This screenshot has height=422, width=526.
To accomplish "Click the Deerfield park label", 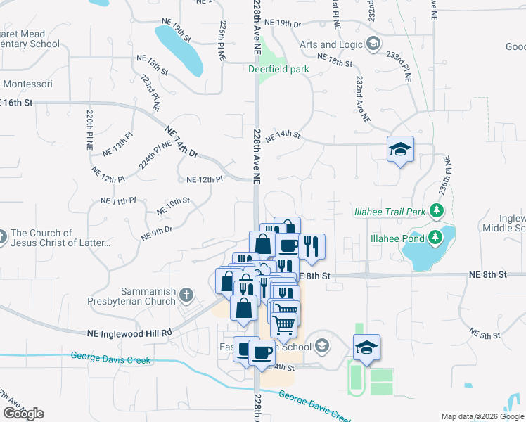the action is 278,69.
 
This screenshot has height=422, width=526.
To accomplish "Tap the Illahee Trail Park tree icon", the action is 437,210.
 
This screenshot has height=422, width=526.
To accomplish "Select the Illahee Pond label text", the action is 395,238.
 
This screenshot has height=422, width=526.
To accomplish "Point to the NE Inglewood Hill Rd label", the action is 130,333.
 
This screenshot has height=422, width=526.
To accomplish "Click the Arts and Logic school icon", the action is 373,44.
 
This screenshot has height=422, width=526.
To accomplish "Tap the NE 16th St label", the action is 17,103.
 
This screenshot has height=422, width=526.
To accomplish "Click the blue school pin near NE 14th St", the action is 400,149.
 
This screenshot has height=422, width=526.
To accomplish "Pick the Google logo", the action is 23,413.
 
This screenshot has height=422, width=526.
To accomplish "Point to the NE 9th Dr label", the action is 157,233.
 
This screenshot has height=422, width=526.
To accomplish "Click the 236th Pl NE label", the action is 446,175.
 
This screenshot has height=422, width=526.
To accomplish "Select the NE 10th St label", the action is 173,205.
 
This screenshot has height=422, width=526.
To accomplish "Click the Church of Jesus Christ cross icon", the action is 3,234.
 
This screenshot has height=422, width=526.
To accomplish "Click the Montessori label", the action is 28,84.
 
